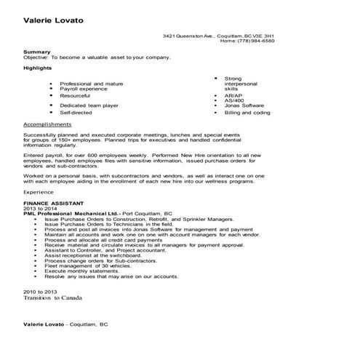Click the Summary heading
point(37,52)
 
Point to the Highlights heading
point(38,68)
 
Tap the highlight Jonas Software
point(245,105)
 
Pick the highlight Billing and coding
point(247,113)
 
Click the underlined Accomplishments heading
point(47,125)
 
